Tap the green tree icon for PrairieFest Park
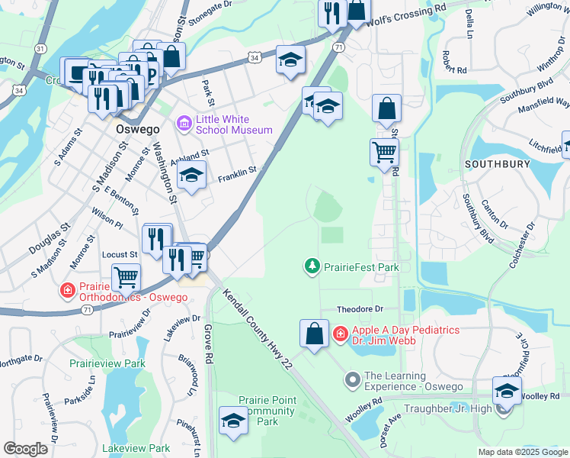tap(312, 266)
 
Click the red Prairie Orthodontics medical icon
tap(68, 291)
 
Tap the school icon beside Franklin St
tap(192, 175)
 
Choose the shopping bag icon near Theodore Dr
tap(314, 334)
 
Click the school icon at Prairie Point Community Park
tap(233, 420)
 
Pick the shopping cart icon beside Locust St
tap(126, 277)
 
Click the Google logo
tap(26, 449)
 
